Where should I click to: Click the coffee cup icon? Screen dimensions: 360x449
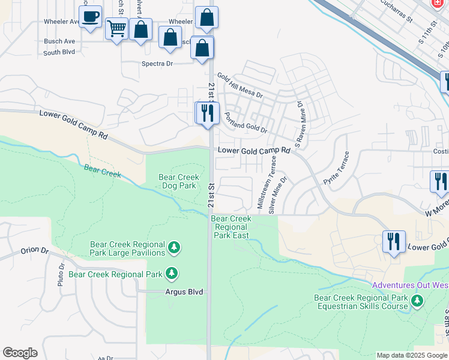(x=90, y=16)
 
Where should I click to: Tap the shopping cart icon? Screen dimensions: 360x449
(x=116, y=28)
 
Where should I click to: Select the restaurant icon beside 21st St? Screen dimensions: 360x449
(x=207, y=113)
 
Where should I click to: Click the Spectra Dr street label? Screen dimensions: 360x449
(x=157, y=63)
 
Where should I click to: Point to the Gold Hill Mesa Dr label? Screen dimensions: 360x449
(x=240, y=86)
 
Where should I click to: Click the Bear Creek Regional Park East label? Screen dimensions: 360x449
(x=231, y=227)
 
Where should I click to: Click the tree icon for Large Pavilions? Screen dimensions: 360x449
(x=174, y=247)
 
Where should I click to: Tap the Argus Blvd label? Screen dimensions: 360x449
(x=184, y=292)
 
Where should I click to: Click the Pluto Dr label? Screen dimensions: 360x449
(x=61, y=275)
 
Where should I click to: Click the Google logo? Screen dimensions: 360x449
(x=20, y=353)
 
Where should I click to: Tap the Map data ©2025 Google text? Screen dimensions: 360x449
(x=411, y=355)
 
